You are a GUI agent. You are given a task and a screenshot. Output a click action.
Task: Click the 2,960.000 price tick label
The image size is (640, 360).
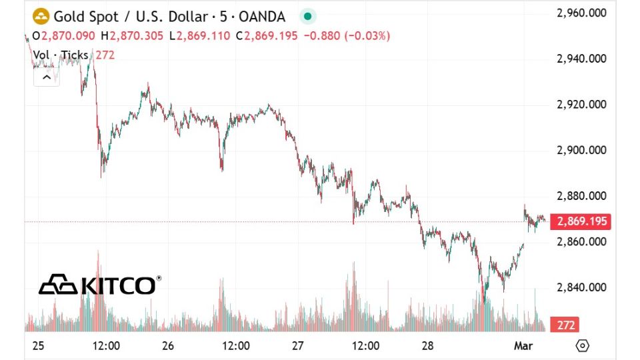pyautogui.click(x=581, y=13)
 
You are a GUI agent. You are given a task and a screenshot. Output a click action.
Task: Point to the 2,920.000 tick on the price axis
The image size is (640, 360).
pyautogui.click(x=581, y=105)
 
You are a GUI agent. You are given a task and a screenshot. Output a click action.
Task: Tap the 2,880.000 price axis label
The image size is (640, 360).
pyautogui.click(x=581, y=196)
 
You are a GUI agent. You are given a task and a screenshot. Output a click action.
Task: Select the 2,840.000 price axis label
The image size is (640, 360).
pyautogui.click(x=581, y=287)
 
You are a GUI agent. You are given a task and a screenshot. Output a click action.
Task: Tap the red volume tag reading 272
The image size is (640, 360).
pyautogui.click(x=564, y=325)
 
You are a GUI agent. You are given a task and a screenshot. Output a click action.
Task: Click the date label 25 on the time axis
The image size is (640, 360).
pyautogui.click(x=38, y=346)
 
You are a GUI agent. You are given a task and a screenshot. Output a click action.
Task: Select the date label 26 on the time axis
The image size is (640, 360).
pyautogui.click(x=168, y=346)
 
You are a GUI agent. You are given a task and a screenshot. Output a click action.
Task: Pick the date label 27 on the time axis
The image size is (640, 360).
pyautogui.click(x=298, y=346)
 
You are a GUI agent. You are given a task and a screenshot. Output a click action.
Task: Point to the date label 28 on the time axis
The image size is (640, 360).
pyautogui.click(x=428, y=346)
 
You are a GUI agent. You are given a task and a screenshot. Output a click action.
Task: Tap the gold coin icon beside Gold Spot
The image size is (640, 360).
pyautogui.click(x=41, y=16)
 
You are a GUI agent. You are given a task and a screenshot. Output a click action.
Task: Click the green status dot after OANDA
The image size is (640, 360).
pyautogui.click(x=307, y=16)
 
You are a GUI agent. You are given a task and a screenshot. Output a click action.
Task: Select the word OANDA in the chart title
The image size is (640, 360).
pyautogui.click(x=262, y=16)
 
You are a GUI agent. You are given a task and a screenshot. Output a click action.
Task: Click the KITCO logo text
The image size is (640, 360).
pyautogui.click(x=117, y=285)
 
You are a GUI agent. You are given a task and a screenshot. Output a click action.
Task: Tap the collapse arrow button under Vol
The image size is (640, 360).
pyautogui.click(x=47, y=77)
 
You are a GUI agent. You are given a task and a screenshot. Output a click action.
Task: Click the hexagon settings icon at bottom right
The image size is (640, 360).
pyautogui.click(x=582, y=346)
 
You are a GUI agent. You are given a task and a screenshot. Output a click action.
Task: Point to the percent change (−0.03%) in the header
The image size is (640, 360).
pyautogui.click(x=367, y=36)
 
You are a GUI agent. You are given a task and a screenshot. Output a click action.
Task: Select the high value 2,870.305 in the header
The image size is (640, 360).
pyautogui.click(x=137, y=36)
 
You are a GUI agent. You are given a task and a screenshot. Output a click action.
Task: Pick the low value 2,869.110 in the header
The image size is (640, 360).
pyautogui.click(x=204, y=36)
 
